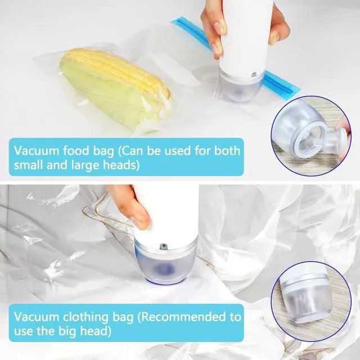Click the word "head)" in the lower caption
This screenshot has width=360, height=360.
[x=96, y=331]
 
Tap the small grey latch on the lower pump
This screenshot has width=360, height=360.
[x=163, y=246]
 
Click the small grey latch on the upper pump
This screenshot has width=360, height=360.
[x=254, y=74]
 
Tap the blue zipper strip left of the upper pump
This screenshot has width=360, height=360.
[x=191, y=32]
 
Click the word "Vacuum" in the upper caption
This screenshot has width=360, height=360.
[x=36, y=151]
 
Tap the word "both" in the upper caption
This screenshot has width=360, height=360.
[x=227, y=150]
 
